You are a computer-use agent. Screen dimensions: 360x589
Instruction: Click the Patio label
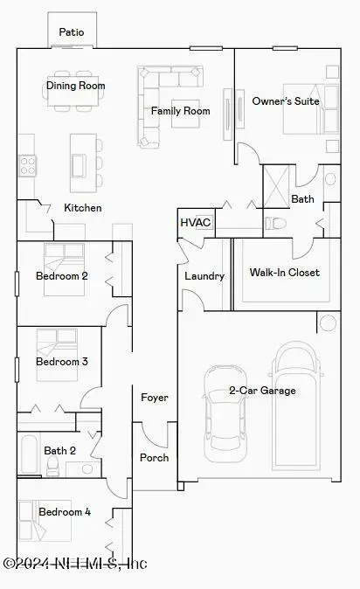(72, 32)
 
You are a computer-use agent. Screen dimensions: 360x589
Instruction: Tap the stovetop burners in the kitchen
(28, 166)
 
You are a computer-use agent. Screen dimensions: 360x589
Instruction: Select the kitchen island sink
(80, 165)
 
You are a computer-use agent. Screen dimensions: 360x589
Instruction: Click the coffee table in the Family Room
(185, 114)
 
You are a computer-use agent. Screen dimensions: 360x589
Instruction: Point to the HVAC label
(196, 222)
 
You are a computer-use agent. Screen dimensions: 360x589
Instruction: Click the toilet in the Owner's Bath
(275, 224)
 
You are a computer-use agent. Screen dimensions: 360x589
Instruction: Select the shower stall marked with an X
(276, 186)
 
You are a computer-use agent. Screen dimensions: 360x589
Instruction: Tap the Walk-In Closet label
(285, 273)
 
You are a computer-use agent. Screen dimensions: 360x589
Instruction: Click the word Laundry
(204, 276)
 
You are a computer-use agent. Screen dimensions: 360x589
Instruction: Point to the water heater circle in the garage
(328, 322)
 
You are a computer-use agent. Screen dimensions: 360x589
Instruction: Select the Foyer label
(155, 398)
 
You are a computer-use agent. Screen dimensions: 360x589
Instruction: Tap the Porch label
(155, 458)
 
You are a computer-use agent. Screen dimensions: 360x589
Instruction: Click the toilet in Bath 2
(52, 467)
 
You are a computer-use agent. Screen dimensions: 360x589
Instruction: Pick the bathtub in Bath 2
(30, 454)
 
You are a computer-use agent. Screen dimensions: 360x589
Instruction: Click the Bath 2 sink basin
(87, 469)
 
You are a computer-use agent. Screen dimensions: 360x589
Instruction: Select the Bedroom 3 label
(62, 362)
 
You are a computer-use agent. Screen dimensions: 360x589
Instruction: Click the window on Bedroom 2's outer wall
(17, 283)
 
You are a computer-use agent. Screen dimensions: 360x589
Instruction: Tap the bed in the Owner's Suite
(311, 109)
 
